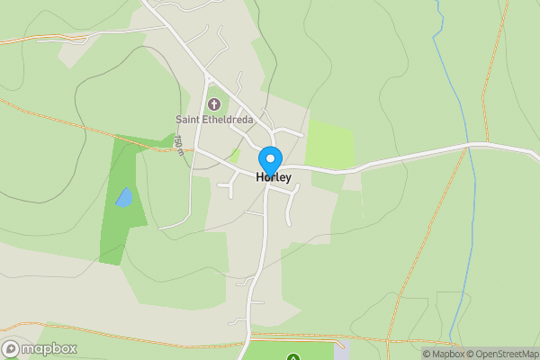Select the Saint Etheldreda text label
coord(215,120)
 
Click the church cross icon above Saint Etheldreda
coord(214,104)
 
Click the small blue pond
coord(124,197)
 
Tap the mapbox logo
coord(40,348)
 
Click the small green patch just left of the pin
coord(235,155)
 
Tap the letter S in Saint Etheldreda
coord(178,120)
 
